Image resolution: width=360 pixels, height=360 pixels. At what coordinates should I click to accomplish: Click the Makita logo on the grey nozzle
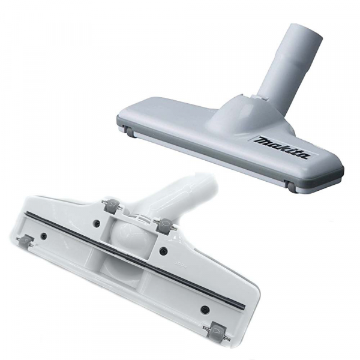283,147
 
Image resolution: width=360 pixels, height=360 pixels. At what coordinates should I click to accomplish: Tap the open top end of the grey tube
306,31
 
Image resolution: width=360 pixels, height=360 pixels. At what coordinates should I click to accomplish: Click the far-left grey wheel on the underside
26,241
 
